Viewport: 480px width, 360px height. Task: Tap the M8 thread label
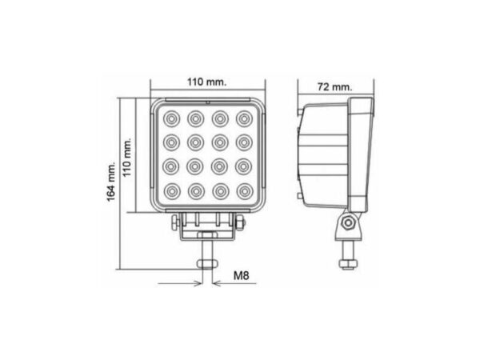click(241, 275)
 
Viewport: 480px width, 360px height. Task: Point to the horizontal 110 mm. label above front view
click(206, 81)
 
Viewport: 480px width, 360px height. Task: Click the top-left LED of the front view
click(170, 119)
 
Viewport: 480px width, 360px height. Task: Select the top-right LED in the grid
click(244, 119)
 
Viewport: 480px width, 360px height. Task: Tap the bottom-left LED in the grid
click(170, 192)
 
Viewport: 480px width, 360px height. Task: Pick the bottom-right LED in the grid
click(244, 192)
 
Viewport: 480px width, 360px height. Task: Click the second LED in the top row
click(195, 119)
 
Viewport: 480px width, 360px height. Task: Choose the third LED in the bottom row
click(220, 192)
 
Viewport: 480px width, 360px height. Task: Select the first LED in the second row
click(170, 143)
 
